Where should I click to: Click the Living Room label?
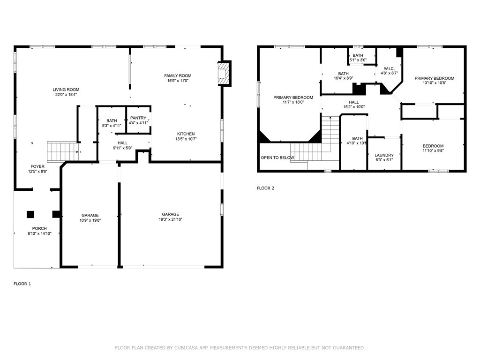click(66, 90)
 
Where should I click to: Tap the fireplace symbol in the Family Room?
click(223, 73)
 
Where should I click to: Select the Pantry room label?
click(138, 118)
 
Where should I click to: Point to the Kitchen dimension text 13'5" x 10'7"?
click(186, 139)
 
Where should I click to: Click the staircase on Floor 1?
click(63, 151)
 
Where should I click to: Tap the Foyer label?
click(37, 166)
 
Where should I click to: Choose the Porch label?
click(39, 228)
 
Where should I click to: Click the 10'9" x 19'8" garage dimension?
click(90, 220)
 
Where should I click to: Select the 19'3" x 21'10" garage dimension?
click(171, 219)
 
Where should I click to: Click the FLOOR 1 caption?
click(22, 284)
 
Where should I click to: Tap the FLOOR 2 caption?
click(265, 188)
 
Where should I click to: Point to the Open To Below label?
click(277, 157)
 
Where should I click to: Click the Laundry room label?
click(384, 155)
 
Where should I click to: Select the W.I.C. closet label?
click(389, 68)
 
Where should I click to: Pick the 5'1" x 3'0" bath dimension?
click(358, 60)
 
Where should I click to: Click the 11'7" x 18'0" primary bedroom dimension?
click(293, 102)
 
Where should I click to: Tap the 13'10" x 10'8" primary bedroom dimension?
click(435, 82)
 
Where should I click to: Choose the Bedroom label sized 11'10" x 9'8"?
click(433, 146)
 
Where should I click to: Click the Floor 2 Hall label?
click(354, 102)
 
